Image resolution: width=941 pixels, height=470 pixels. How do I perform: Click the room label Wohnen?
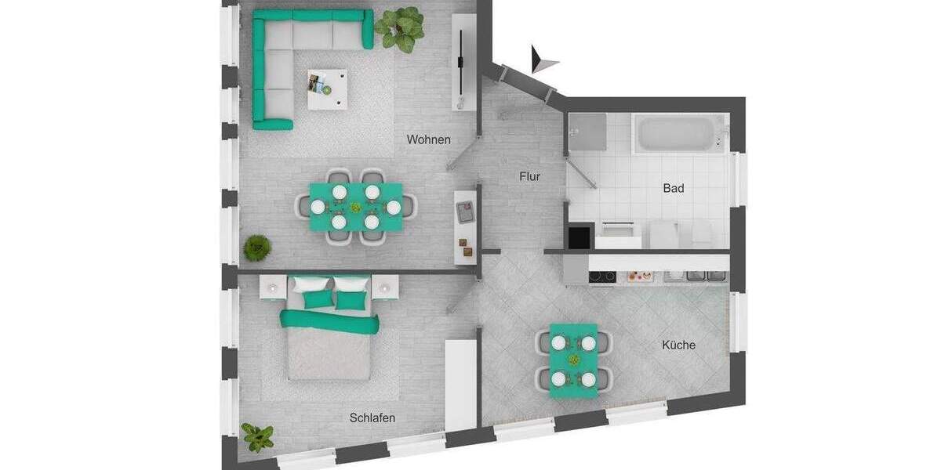[x=428, y=139]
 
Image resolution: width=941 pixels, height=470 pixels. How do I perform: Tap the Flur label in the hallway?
[x=529, y=177]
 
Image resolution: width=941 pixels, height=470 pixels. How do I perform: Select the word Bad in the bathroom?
[x=673, y=188]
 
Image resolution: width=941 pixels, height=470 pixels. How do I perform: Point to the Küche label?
[x=678, y=345]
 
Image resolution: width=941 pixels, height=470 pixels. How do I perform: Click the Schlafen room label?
[x=372, y=418]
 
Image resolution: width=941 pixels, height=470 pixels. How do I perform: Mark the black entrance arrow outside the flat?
[x=542, y=60]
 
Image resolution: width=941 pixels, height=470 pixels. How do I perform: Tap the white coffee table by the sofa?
[x=328, y=88]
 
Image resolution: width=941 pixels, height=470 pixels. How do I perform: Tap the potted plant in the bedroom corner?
[x=257, y=436]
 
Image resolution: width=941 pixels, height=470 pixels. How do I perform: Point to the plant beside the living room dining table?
[x=256, y=248]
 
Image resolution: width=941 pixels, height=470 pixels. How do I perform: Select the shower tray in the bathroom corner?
[x=587, y=131]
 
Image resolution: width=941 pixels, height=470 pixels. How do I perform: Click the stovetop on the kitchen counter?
[x=602, y=276]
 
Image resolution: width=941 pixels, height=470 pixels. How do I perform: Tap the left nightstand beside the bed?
[x=271, y=287]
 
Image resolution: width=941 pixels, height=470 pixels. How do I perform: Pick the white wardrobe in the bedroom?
[x=461, y=384]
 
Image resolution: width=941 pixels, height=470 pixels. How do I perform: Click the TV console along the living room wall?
[x=463, y=63]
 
